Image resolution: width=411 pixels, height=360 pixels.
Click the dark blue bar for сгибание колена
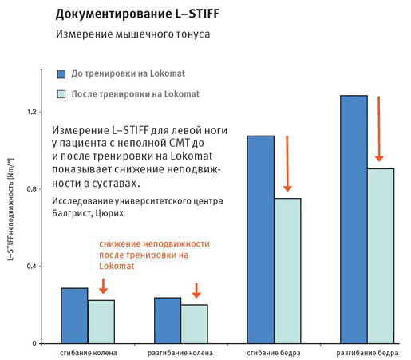click(74, 316)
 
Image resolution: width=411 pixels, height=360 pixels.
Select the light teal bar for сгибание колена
click(101, 322)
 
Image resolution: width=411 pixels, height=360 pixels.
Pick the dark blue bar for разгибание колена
click(168, 321)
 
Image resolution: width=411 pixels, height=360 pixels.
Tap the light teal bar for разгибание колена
click(195, 324)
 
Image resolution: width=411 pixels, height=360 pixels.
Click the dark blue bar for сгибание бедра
click(261, 239)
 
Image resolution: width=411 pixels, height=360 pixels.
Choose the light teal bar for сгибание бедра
click(287, 271)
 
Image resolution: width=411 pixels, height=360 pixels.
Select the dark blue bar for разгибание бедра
click(354, 220)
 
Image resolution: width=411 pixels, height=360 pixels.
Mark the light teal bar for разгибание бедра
click(381, 256)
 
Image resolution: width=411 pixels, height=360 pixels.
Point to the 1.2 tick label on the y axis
click(31, 112)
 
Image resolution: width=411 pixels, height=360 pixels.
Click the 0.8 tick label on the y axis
click(31, 189)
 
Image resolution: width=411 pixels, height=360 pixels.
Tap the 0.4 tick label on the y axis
click(31, 267)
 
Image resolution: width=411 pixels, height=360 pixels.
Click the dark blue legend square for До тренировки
click(61, 74)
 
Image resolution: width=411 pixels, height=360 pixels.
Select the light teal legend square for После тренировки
click(61, 94)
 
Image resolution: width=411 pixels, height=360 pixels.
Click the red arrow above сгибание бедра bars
click(287, 164)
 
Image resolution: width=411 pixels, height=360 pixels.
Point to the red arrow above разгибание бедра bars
click(379, 129)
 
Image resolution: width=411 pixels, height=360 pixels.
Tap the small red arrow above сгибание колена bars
click(103, 286)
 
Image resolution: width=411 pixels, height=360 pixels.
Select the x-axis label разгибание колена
click(180, 353)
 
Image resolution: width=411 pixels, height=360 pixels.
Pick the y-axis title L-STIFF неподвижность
click(10, 209)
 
